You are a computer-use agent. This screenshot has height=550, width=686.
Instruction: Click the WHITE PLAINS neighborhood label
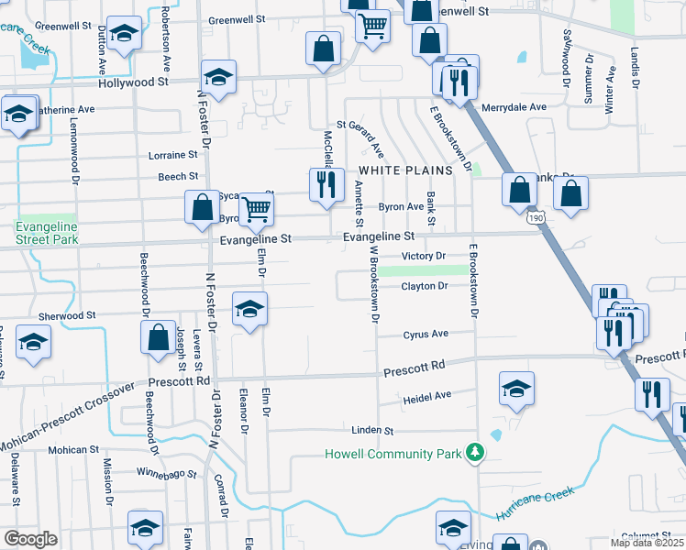[x=405, y=170]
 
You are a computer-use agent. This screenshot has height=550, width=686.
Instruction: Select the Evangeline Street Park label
[x=46, y=233]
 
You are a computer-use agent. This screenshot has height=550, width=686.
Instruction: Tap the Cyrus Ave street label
[x=426, y=335]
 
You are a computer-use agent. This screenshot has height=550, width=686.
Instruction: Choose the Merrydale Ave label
[x=514, y=107]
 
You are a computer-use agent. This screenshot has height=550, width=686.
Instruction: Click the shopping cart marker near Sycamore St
[x=258, y=209]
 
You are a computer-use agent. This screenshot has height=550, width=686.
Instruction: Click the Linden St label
[x=372, y=430]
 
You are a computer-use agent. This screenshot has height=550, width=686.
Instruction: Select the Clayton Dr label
[x=424, y=286]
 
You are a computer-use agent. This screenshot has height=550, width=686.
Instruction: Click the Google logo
[x=30, y=539]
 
